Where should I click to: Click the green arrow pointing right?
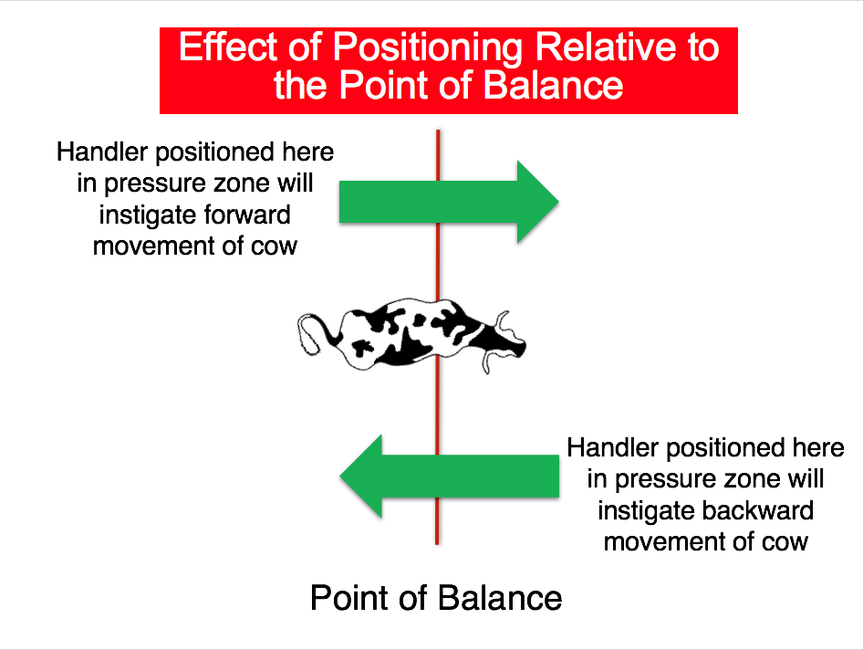449,202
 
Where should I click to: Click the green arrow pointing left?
449,477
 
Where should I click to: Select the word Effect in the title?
228,47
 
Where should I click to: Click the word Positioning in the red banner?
428,48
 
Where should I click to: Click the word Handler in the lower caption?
613,447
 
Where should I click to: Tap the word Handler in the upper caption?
102,152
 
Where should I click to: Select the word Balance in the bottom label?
500,598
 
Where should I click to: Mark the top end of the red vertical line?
438,131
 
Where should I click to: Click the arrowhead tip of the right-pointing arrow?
558,202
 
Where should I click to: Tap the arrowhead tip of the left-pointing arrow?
340,477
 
